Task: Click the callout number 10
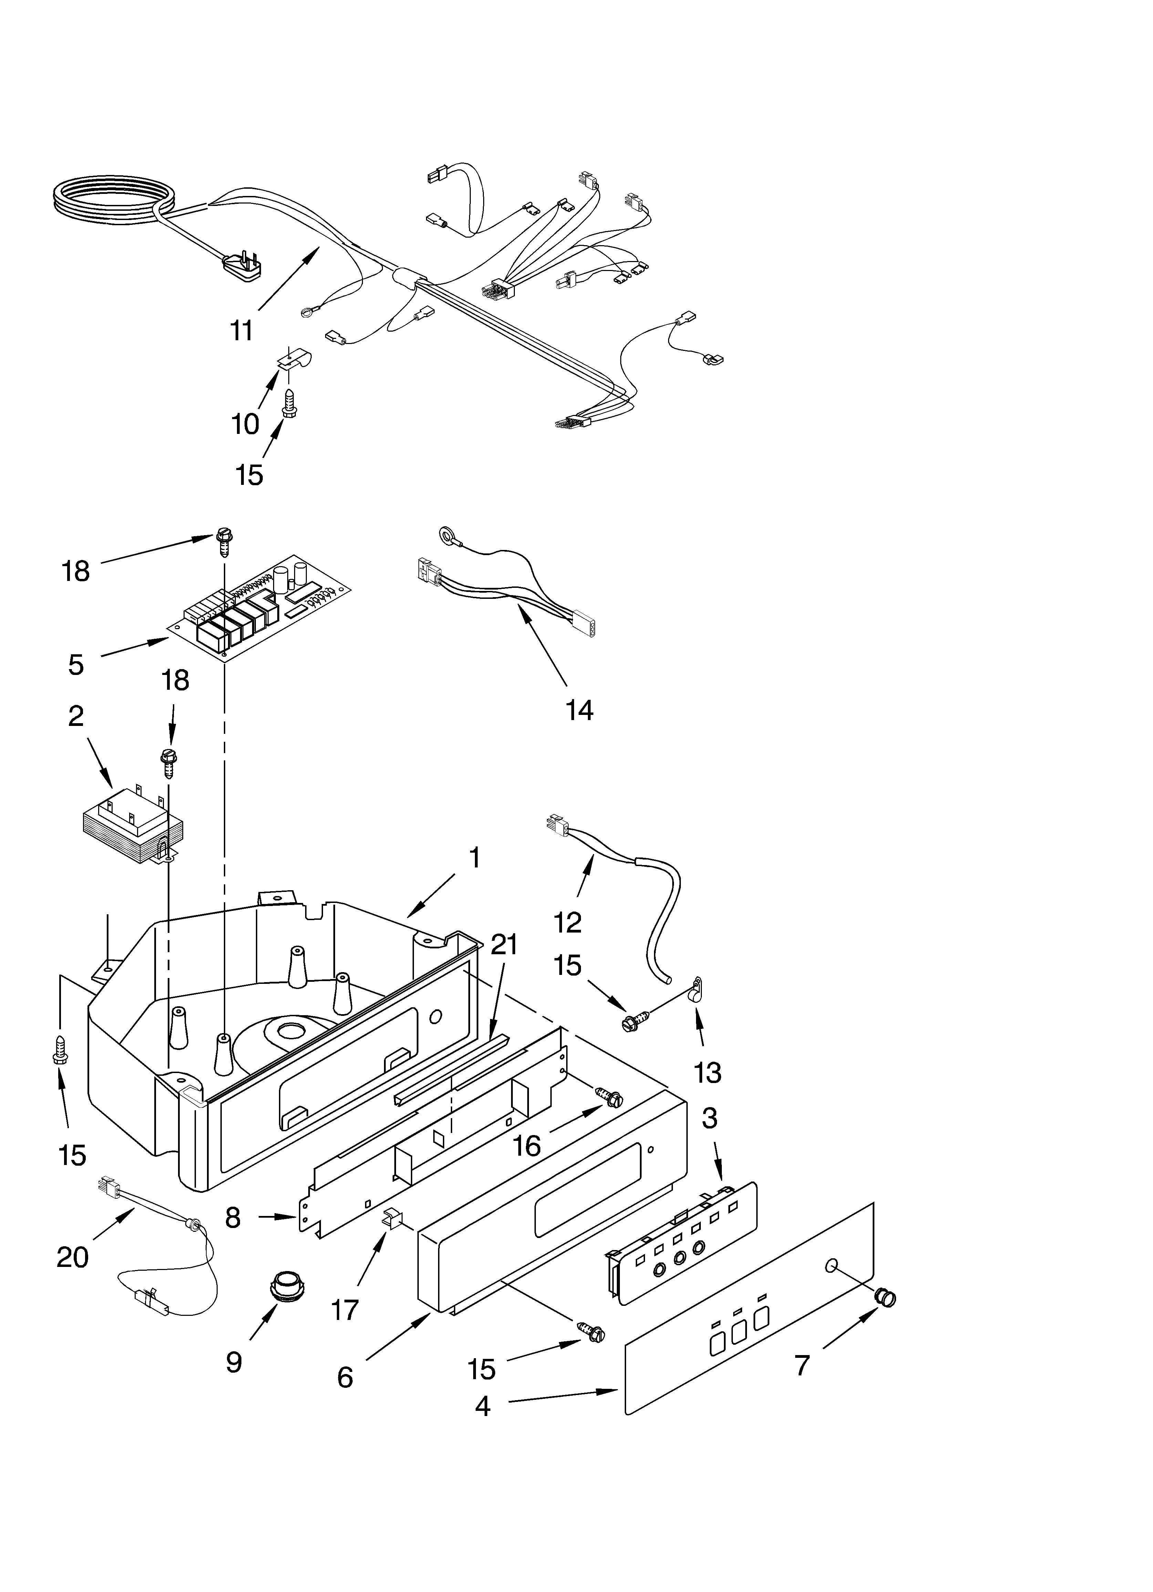pos(245,424)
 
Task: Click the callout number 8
pos(233,1218)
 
